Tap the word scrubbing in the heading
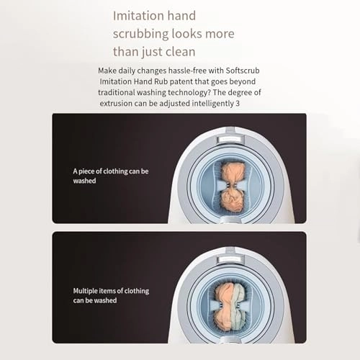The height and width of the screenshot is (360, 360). (140, 34)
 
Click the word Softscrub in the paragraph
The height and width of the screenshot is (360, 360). (243, 71)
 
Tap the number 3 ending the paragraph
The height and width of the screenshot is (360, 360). (238, 104)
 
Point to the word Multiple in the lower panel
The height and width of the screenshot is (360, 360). (85, 291)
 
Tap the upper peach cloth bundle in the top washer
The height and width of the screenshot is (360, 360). (232, 172)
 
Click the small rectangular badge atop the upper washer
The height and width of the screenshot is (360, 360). (230, 139)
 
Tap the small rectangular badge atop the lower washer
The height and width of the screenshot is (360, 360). (230, 259)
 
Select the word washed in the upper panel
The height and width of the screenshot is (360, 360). (84, 181)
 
